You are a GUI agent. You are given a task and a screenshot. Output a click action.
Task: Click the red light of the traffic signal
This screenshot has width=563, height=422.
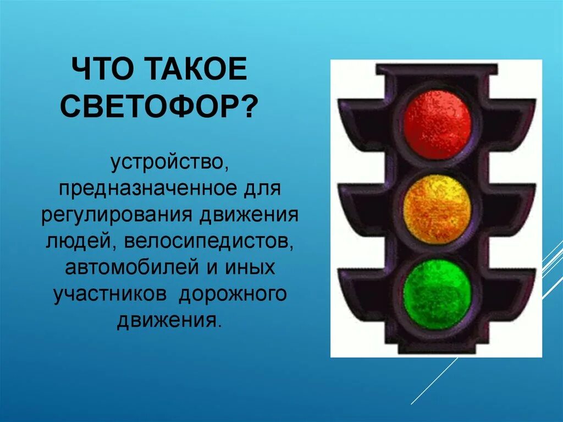[437, 124]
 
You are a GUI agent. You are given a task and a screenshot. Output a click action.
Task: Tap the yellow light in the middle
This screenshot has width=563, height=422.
[437, 209]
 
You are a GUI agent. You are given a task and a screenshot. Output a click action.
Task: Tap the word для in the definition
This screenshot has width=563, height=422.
[264, 189]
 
